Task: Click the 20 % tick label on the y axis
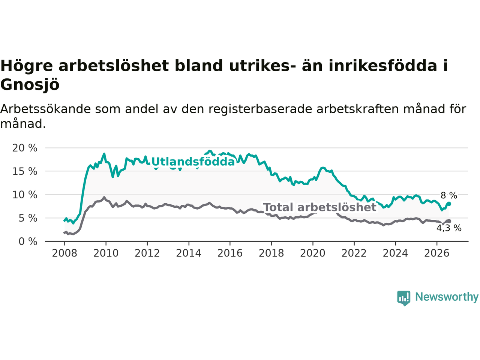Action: [x=25, y=148]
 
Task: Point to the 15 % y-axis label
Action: [x=25, y=172]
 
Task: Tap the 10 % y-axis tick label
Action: [x=25, y=195]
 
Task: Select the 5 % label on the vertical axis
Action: [x=28, y=218]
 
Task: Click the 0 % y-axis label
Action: [x=28, y=242]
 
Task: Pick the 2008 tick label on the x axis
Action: [x=64, y=253]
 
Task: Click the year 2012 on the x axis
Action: [x=147, y=253]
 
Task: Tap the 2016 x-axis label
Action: [x=230, y=253]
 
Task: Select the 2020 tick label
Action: [x=313, y=253]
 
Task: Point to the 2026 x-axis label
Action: [x=437, y=253]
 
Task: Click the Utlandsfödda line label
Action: [x=193, y=162]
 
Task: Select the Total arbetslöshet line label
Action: [x=320, y=207]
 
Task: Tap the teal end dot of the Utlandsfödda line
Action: [x=449, y=204]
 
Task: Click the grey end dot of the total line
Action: [x=449, y=221]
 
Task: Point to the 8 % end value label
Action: [x=449, y=195]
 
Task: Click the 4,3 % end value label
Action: [x=449, y=228]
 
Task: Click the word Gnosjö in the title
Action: [x=30, y=84]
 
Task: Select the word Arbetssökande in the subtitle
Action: [x=45, y=109]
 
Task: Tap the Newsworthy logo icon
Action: [x=403, y=298]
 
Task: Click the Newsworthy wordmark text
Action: [x=447, y=297]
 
